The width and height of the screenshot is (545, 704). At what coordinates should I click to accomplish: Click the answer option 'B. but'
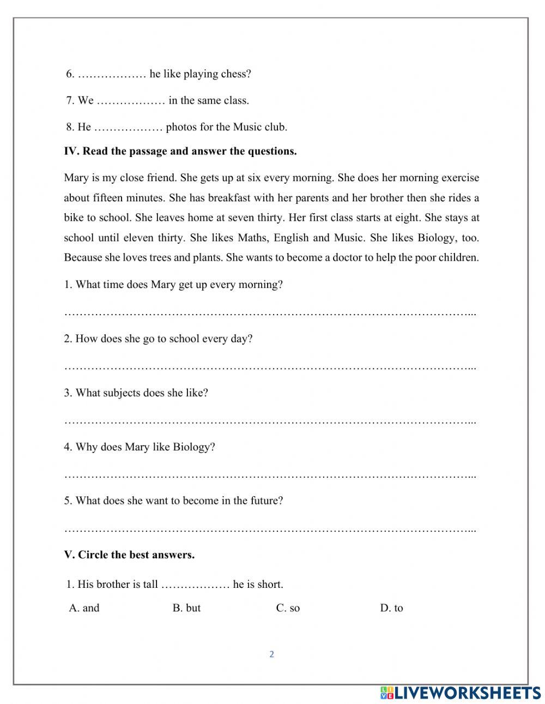tap(186, 608)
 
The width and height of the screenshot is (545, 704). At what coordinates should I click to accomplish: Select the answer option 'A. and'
tap(84, 608)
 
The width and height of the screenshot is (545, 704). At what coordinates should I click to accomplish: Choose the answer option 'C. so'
tap(288, 608)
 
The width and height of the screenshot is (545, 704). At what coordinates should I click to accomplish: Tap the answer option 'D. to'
tap(391, 608)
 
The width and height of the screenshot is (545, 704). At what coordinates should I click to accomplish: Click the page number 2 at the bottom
tap(271, 654)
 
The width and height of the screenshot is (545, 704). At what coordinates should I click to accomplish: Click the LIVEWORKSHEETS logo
tap(461, 693)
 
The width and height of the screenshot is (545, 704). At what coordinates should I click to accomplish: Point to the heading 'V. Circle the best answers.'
tap(129, 555)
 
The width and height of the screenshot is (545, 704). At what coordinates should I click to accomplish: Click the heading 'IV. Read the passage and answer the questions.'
tap(180, 151)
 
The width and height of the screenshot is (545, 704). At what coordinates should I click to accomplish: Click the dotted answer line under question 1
tap(270, 314)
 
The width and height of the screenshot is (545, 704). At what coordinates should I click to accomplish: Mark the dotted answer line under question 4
tap(270, 476)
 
